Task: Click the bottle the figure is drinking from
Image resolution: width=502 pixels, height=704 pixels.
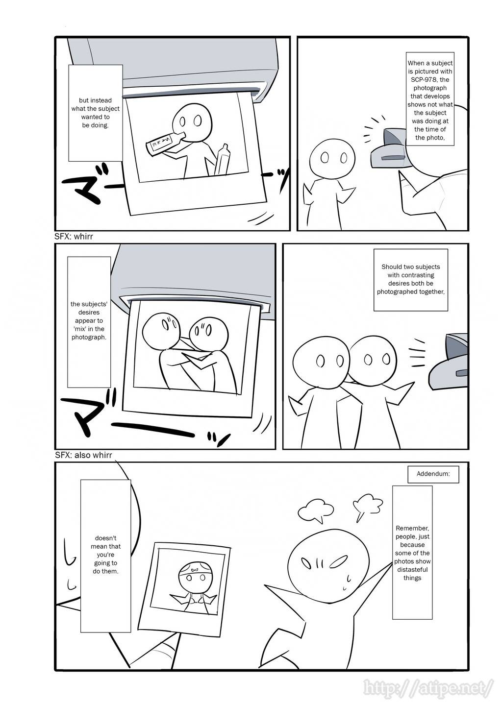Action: click(165, 141)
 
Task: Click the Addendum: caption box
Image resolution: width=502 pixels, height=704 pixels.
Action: click(433, 474)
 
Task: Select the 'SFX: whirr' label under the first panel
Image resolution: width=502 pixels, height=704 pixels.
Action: click(74, 236)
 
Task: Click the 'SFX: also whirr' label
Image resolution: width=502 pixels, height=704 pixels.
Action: click(83, 455)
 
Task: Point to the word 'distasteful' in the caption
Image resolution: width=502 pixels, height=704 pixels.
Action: click(412, 569)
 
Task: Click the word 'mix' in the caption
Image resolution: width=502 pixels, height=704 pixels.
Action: click(77, 329)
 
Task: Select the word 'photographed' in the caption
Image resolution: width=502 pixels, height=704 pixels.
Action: click(393, 292)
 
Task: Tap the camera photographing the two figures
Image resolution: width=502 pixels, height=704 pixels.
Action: click(449, 361)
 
